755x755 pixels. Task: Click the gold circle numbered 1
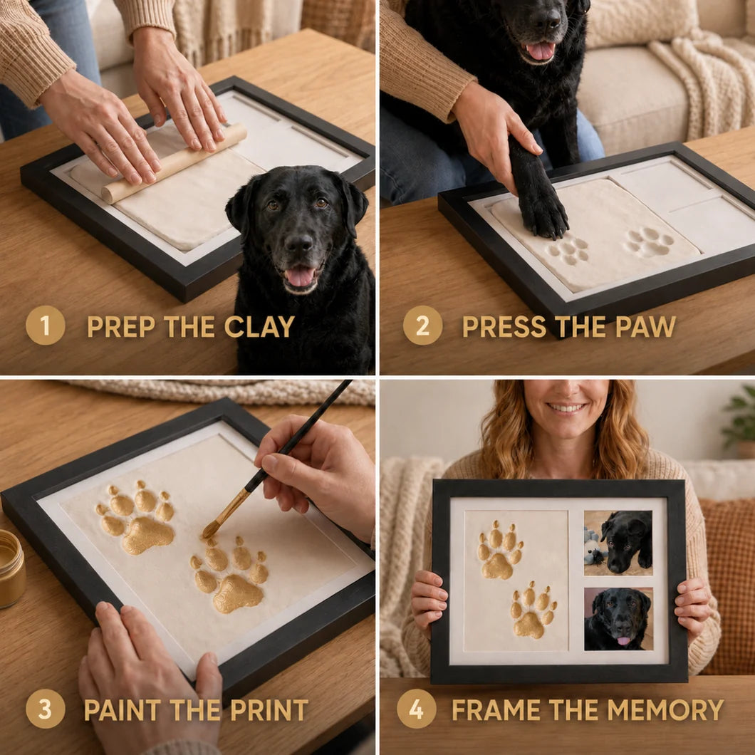(46, 326)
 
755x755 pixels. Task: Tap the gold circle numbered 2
(422, 326)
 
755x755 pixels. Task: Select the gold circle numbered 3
(46, 709)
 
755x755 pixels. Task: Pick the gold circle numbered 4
(417, 709)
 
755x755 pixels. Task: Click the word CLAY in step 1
(259, 327)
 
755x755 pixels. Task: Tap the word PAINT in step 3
(123, 710)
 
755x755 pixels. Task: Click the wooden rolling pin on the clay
(174, 162)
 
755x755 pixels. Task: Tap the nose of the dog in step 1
(299, 244)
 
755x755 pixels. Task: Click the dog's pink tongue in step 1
(300, 277)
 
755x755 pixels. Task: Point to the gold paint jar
(11, 568)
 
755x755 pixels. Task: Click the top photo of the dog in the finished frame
(618, 543)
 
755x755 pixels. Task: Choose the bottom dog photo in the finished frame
(618, 619)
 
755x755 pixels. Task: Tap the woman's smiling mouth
(567, 408)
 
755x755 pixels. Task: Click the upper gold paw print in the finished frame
(500, 551)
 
